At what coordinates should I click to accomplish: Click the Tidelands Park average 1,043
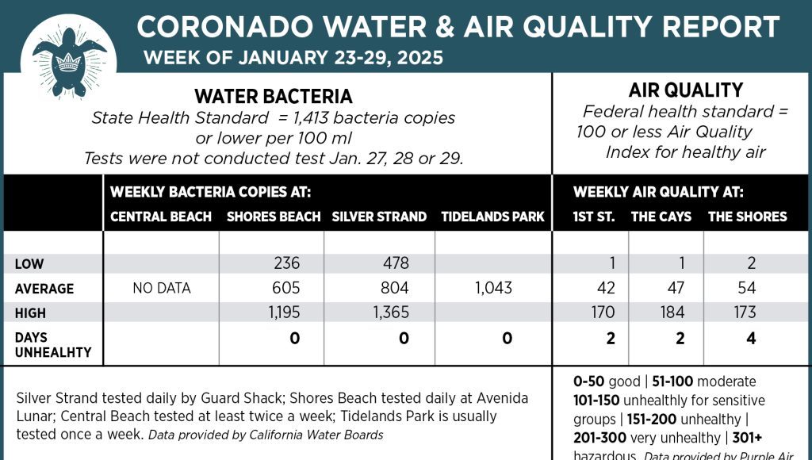(492, 288)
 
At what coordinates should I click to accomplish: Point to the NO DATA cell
(161, 288)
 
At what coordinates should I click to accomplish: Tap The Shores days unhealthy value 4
(751, 339)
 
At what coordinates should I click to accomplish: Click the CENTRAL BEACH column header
(161, 217)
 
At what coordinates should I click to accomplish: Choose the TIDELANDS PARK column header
(492, 217)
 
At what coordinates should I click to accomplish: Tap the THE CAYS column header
(661, 217)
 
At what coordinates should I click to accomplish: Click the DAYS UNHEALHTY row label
(53, 344)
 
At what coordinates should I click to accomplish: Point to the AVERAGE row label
(44, 289)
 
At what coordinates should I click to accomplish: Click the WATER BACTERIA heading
(274, 97)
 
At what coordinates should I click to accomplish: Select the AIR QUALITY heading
(685, 90)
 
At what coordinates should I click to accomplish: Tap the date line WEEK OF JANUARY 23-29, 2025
(293, 58)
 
